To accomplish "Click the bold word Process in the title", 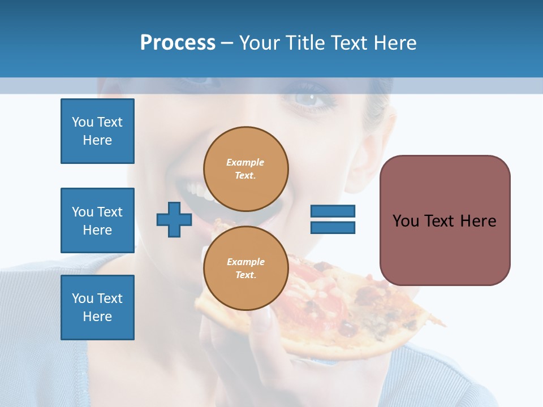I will click(x=178, y=43).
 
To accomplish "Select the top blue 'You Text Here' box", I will click(x=97, y=131).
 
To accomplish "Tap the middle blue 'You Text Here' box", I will click(x=97, y=220).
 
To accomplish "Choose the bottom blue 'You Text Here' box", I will click(x=97, y=308).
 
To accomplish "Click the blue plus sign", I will click(x=174, y=219).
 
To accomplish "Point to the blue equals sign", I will click(x=333, y=219).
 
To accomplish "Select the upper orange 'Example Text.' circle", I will click(x=246, y=168).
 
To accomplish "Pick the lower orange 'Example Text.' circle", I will click(x=246, y=268).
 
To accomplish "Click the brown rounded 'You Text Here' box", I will click(x=445, y=220).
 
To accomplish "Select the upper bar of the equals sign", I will click(x=333, y=211).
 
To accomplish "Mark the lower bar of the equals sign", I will click(x=333, y=228).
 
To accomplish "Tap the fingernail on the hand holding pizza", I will click(x=264, y=322).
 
